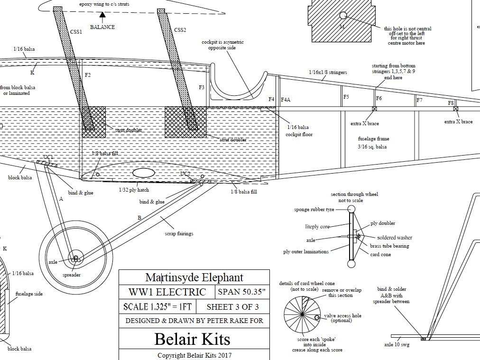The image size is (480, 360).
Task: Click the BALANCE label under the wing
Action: (x=102, y=27)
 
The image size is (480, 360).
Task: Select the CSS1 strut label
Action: (x=76, y=32)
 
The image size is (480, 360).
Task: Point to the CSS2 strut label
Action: (x=180, y=30)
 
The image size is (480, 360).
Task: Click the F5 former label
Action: (x=346, y=97)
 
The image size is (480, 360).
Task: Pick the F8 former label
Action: (x=451, y=103)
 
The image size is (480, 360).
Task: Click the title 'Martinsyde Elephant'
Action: (x=194, y=277)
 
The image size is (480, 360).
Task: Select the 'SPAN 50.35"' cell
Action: (x=242, y=292)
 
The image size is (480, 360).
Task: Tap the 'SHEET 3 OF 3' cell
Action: (x=232, y=306)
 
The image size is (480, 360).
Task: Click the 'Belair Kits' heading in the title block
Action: (x=192, y=339)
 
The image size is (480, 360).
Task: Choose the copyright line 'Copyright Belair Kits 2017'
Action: (x=194, y=355)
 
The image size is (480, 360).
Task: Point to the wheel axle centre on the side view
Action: (x=75, y=258)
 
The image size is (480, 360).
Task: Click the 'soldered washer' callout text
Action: (x=395, y=238)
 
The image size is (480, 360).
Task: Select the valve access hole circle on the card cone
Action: (x=317, y=317)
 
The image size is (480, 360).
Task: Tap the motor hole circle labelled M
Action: (x=342, y=16)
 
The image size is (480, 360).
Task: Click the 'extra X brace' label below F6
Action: (x=365, y=124)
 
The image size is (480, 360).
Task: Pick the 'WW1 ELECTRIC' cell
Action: (x=167, y=292)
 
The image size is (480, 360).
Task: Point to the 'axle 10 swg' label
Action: (x=397, y=345)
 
